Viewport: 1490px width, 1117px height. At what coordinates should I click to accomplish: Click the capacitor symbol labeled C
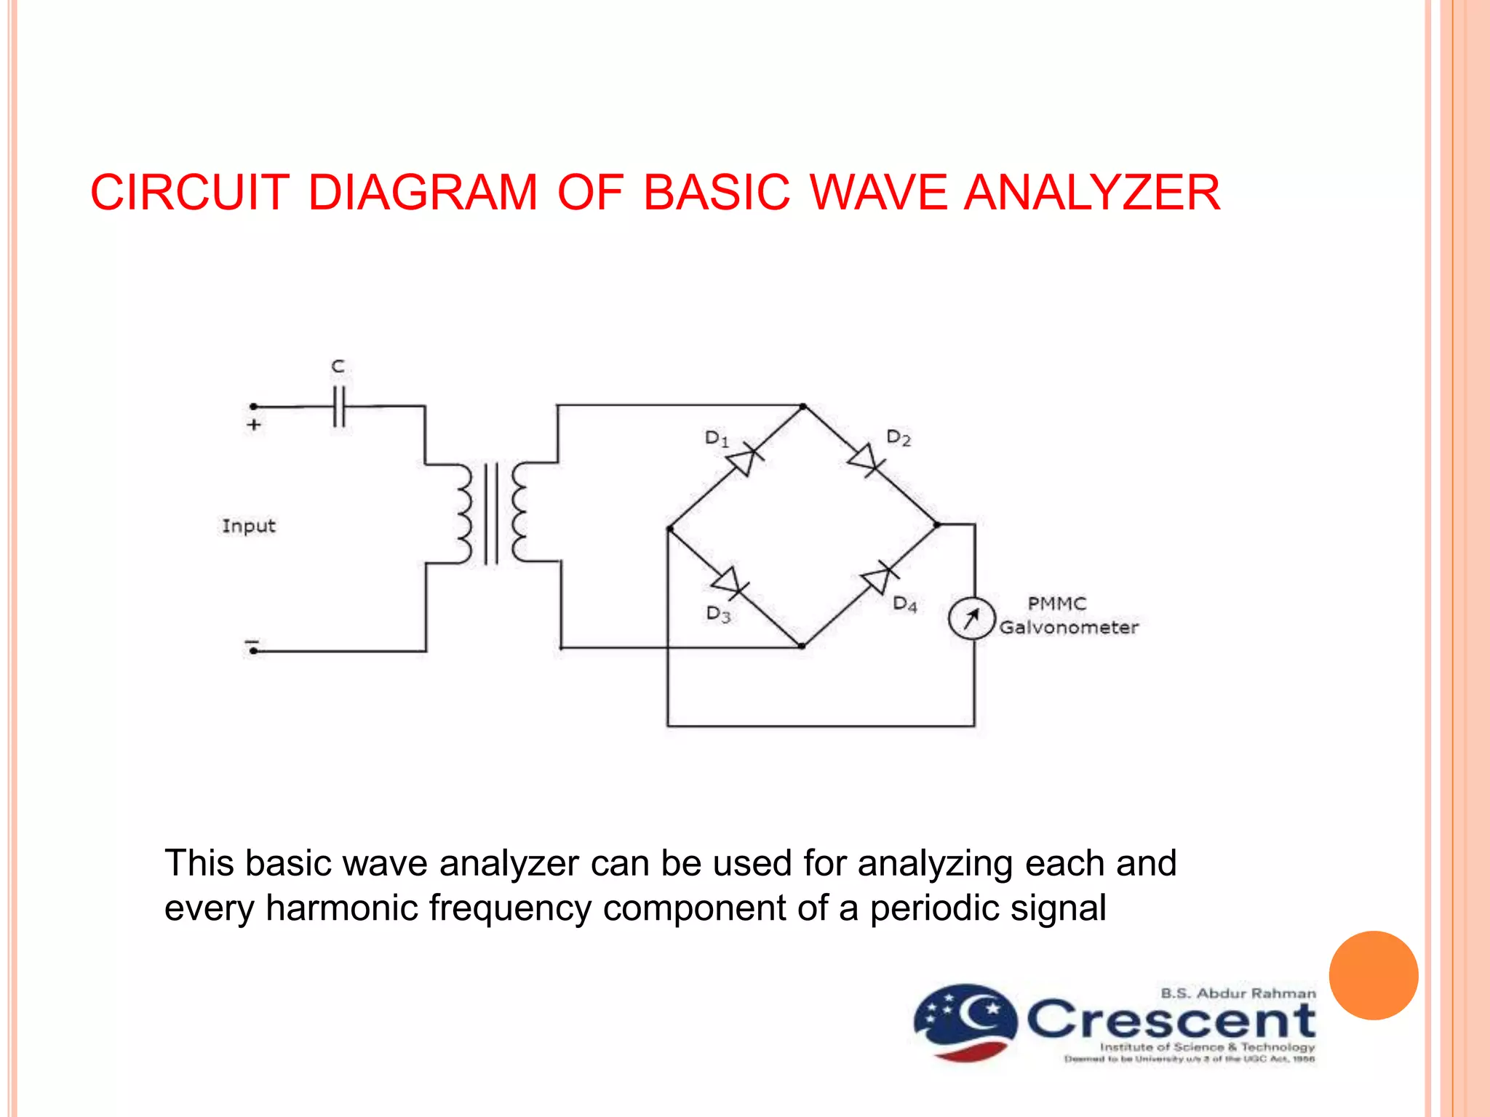tap(338, 407)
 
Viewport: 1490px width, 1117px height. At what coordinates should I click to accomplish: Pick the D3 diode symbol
tap(728, 582)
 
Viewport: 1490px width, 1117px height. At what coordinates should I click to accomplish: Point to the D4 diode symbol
tap(878, 578)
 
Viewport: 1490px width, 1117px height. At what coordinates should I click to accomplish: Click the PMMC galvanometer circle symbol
tap(971, 618)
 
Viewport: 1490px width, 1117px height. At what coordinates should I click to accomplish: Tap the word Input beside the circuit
tap(249, 526)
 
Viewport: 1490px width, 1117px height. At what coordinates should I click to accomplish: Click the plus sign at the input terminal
tap(254, 425)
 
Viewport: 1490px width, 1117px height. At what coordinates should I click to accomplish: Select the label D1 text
tap(716, 439)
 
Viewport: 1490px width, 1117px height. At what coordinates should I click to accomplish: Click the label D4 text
tap(904, 604)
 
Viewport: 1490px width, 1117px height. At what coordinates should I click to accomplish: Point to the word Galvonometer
tap(1068, 628)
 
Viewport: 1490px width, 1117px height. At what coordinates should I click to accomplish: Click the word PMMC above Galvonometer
tap(1056, 604)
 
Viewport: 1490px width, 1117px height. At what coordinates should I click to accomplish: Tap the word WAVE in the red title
tap(879, 193)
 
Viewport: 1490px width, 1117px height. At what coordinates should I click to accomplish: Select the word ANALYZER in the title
tap(1092, 193)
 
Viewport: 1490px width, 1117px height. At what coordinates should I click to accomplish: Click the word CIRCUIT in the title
tap(190, 193)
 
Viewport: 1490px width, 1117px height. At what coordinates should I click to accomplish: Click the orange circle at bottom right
tap(1374, 975)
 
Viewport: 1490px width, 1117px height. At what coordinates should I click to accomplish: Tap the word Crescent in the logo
tap(1171, 1020)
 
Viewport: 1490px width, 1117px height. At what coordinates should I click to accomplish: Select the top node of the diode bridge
tap(802, 407)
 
